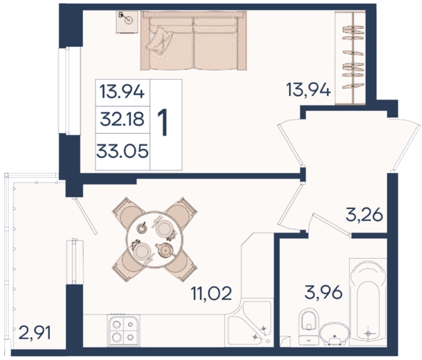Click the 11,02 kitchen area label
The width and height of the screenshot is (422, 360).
click(212, 293)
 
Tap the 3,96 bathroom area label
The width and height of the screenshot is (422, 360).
click(324, 292)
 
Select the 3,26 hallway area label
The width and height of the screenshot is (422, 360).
click(364, 214)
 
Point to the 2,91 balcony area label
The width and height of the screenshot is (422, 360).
click(34, 333)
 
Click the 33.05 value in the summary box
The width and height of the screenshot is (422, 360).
click(122, 151)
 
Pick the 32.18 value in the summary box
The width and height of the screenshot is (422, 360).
click(122, 119)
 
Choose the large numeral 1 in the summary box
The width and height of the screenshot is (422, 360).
click(163, 123)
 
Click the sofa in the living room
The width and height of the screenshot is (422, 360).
click(193, 41)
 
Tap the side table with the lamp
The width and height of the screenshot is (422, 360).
click(127, 22)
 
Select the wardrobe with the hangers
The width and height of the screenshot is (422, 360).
click(350, 58)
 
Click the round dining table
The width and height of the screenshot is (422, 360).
click(155, 239)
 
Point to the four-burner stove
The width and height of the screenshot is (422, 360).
click(124, 330)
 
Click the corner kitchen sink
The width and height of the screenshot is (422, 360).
click(249, 322)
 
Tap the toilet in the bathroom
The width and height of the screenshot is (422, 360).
click(309, 327)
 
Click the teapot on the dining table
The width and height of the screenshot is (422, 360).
click(166, 250)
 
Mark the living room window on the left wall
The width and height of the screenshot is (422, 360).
click(69, 91)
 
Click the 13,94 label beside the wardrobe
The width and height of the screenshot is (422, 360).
click(308, 90)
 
